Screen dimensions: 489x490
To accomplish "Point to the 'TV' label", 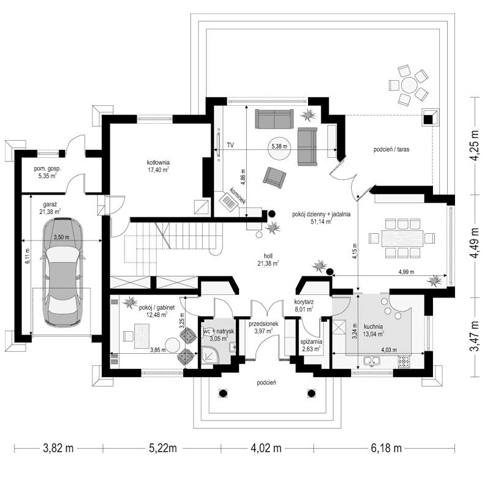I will (x=230, y=146).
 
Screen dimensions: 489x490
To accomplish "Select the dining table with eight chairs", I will (x=401, y=237).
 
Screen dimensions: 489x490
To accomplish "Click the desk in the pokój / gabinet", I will (x=144, y=335).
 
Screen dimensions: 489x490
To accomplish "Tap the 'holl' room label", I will (x=268, y=258).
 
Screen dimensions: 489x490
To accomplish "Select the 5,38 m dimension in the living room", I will (x=278, y=147).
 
